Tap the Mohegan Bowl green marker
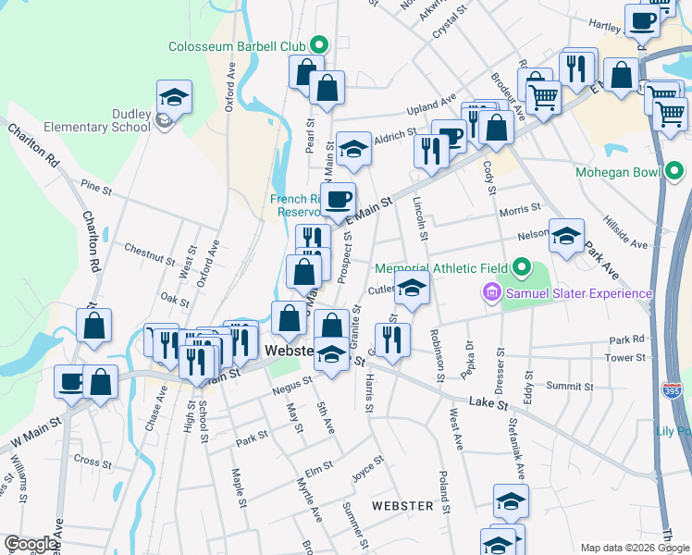(674, 172)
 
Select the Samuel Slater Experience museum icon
(490, 294)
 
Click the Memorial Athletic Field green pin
(521, 268)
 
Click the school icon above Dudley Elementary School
(173, 96)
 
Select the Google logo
(31, 544)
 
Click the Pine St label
(95, 191)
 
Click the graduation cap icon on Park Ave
(566, 235)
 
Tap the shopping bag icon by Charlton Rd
(94, 325)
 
